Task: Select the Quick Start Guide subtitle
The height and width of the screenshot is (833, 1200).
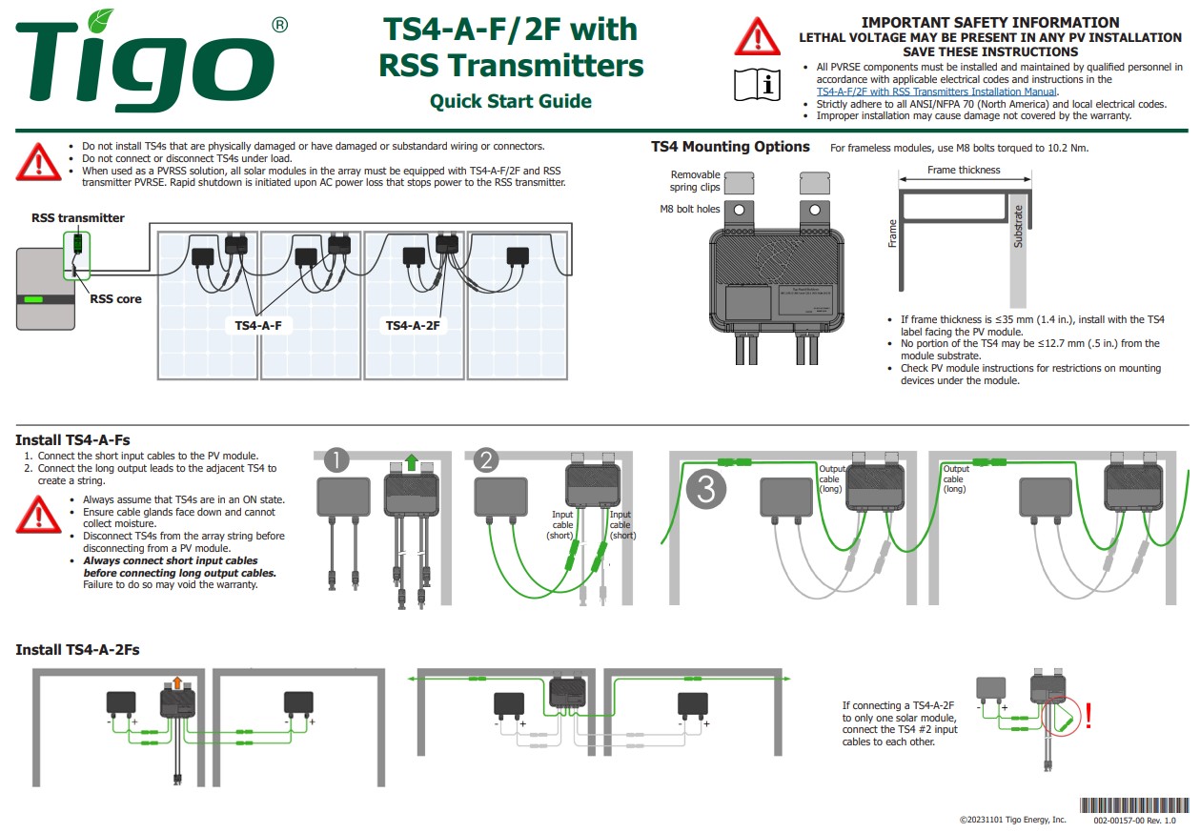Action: pyautogui.click(x=510, y=101)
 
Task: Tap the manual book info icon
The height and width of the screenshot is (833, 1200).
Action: pyautogui.click(x=757, y=85)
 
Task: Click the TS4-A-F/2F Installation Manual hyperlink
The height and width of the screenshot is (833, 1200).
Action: pyautogui.click(x=937, y=91)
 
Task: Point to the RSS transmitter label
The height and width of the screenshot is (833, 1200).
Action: pyautogui.click(x=77, y=218)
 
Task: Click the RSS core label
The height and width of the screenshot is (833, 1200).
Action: pyautogui.click(x=115, y=299)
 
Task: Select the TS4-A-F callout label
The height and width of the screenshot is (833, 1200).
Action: pyautogui.click(x=258, y=326)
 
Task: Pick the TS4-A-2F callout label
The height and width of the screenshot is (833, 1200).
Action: pyautogui.click(x=412, y=326)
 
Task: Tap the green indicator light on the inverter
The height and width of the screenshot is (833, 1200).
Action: pyautogui.click(x=34, y=299)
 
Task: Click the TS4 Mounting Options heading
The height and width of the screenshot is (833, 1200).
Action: pyautogui.click(x=730, y=147)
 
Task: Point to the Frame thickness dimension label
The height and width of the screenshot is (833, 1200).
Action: pyautogui.click(x=964, y=171)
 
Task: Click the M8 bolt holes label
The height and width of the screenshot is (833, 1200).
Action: pyautogui.click(x=690, y=209)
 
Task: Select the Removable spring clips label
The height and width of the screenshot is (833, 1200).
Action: pyautogui.click(x=695, y=181)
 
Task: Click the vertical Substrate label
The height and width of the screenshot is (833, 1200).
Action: pyautogui.click(x=1018, y=227)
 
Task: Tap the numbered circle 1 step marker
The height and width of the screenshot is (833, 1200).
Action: pyautogui.click(x=336, y=461)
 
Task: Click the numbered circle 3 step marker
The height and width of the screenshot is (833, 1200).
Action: pyautogui.click(x=706, y=489)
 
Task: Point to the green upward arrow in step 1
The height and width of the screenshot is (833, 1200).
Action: pyautogui.click(x=411, y=462)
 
